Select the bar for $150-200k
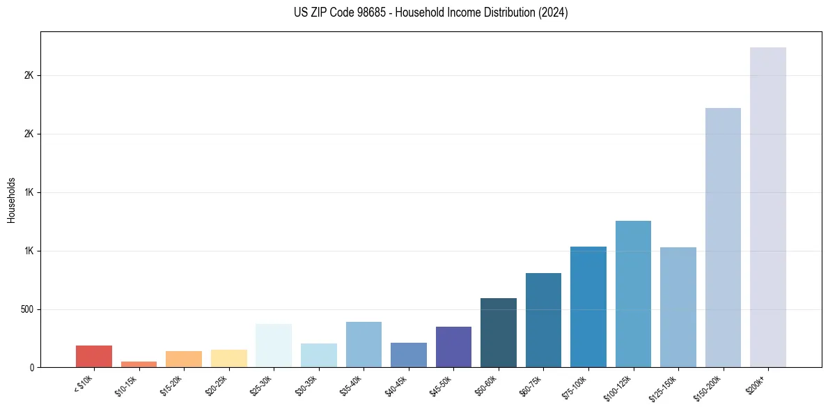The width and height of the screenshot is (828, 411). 723,237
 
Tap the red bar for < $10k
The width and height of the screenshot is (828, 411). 94,356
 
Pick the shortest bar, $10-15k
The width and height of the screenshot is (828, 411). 139,364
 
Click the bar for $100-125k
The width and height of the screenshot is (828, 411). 633,293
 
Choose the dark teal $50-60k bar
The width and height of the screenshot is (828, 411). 499,332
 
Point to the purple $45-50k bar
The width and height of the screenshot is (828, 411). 453,346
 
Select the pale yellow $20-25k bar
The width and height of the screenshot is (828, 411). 229,358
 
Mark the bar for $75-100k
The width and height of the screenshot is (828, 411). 588,307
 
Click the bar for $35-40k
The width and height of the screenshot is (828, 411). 364,344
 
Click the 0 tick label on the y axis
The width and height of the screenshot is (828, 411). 32,368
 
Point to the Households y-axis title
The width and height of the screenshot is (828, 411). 11,199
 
